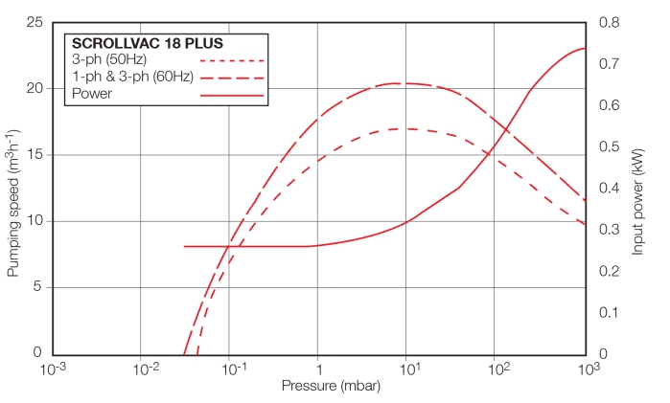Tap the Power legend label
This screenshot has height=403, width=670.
92,94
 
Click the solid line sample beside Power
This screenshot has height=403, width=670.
232,95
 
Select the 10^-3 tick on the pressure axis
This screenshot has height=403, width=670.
55,369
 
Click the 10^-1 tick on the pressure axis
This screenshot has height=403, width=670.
231,369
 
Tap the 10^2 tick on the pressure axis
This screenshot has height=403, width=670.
497,369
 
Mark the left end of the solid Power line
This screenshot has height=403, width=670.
184,246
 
